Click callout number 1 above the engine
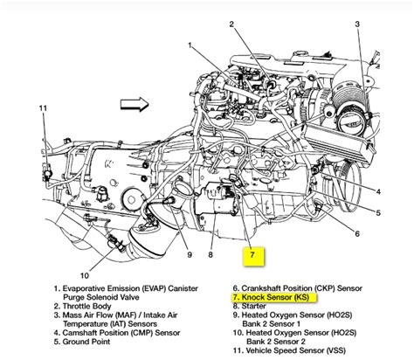[x=190, y=45]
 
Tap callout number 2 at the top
[x=232, y=24]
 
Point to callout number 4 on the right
[x=377, y=190]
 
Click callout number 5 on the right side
[x=377, y=212]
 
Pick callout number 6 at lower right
[x=357, y=233]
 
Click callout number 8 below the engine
[x=210, y=255]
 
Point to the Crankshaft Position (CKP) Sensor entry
[x=295, y=287]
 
